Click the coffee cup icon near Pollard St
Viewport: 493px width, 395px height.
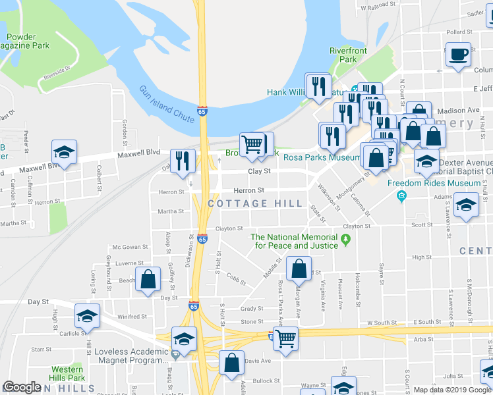pos(458,55)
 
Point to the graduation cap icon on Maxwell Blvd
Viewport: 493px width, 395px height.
pos(65,153)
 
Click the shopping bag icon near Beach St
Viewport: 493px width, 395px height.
pos(148,279)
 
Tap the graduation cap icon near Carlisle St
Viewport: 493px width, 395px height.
pos(87,317)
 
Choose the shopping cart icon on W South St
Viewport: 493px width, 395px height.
pos(285,339)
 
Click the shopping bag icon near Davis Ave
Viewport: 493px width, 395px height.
pos(231,363)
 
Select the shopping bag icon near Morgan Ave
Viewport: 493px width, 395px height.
pos(299,269)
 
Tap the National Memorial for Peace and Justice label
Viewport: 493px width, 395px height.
pos(294,241)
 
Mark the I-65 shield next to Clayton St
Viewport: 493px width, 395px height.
pos(202,239)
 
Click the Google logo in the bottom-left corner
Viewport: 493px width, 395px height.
pos(22,387)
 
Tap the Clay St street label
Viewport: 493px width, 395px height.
pos(259,171)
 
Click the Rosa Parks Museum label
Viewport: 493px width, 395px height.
pos(321,157)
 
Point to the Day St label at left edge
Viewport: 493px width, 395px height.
pos(38,302)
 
